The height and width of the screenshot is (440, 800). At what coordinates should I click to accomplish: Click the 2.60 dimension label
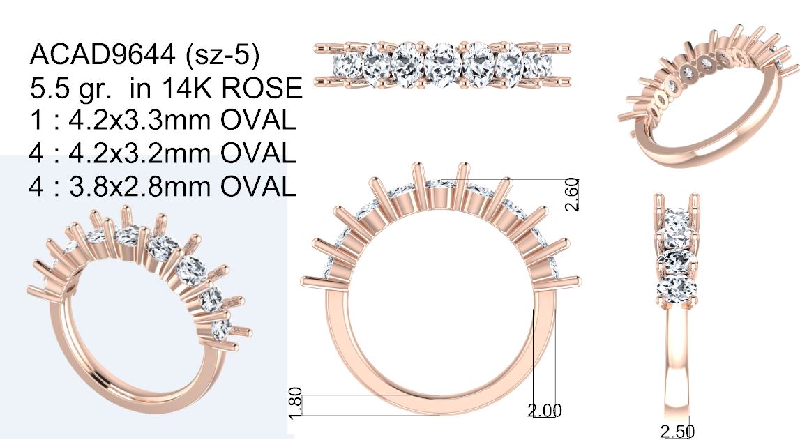tap(572, 195)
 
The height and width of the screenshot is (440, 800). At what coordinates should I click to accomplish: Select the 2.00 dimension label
tap(545, 411)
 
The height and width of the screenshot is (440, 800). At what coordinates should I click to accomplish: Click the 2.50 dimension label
tap(678, 432)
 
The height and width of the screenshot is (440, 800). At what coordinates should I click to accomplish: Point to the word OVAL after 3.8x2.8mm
tap(258, 186)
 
